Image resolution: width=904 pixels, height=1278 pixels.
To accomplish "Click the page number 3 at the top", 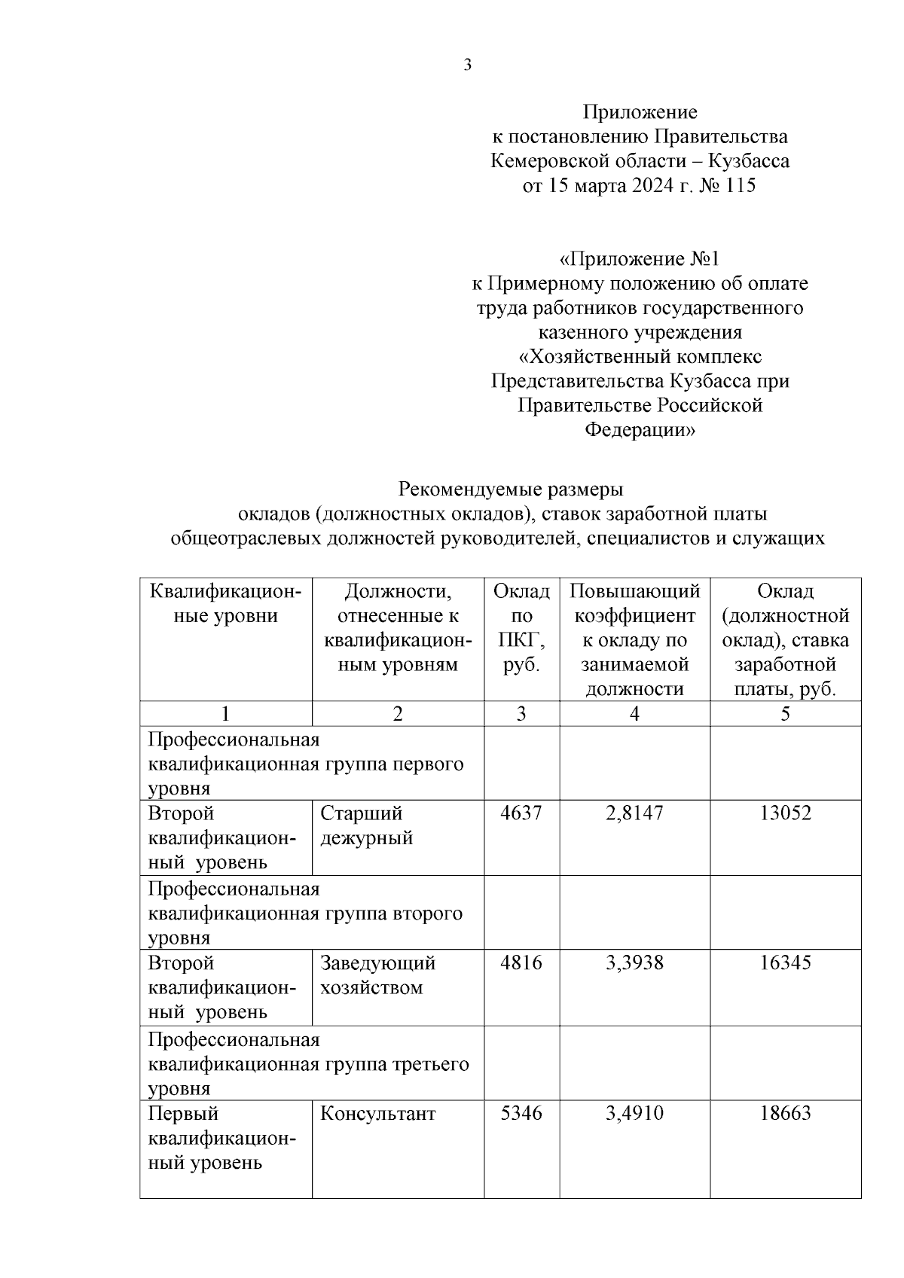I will click(x=467, y=66).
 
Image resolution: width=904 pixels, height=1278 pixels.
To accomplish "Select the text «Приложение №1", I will click(x=640, y=259).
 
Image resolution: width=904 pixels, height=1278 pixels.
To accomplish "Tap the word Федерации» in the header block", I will click(x=640, y=430).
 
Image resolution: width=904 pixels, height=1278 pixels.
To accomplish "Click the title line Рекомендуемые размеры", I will click(x=510, y=490).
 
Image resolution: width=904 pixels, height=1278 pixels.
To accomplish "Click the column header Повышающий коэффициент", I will click(x=634, y=639).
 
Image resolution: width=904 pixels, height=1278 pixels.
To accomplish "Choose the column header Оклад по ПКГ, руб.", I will click(x=521, y=627).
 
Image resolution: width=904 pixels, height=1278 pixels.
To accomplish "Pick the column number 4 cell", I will click(x=634, y=714).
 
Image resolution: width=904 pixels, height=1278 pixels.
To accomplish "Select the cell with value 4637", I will click(x=521, y=813).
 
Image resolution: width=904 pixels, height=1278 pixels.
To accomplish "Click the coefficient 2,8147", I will click(x=634, y=813).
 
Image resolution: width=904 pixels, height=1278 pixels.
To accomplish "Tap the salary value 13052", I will click(x=785, y=813).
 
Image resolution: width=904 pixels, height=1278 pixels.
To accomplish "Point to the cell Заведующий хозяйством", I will click(x=377, y=975).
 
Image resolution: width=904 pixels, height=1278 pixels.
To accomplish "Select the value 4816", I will click(x=521, y=963).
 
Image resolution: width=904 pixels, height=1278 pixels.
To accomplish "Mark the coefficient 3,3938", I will click(x=634, y=963).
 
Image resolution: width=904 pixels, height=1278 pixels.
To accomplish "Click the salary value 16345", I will click(x=785, y=963).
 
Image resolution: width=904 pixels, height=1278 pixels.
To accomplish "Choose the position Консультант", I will click(x=377, y=1114).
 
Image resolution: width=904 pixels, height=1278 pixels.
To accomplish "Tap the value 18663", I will click(x=785, y=1114).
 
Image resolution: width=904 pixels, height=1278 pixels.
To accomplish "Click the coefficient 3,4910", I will click(x=634, y=1114).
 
